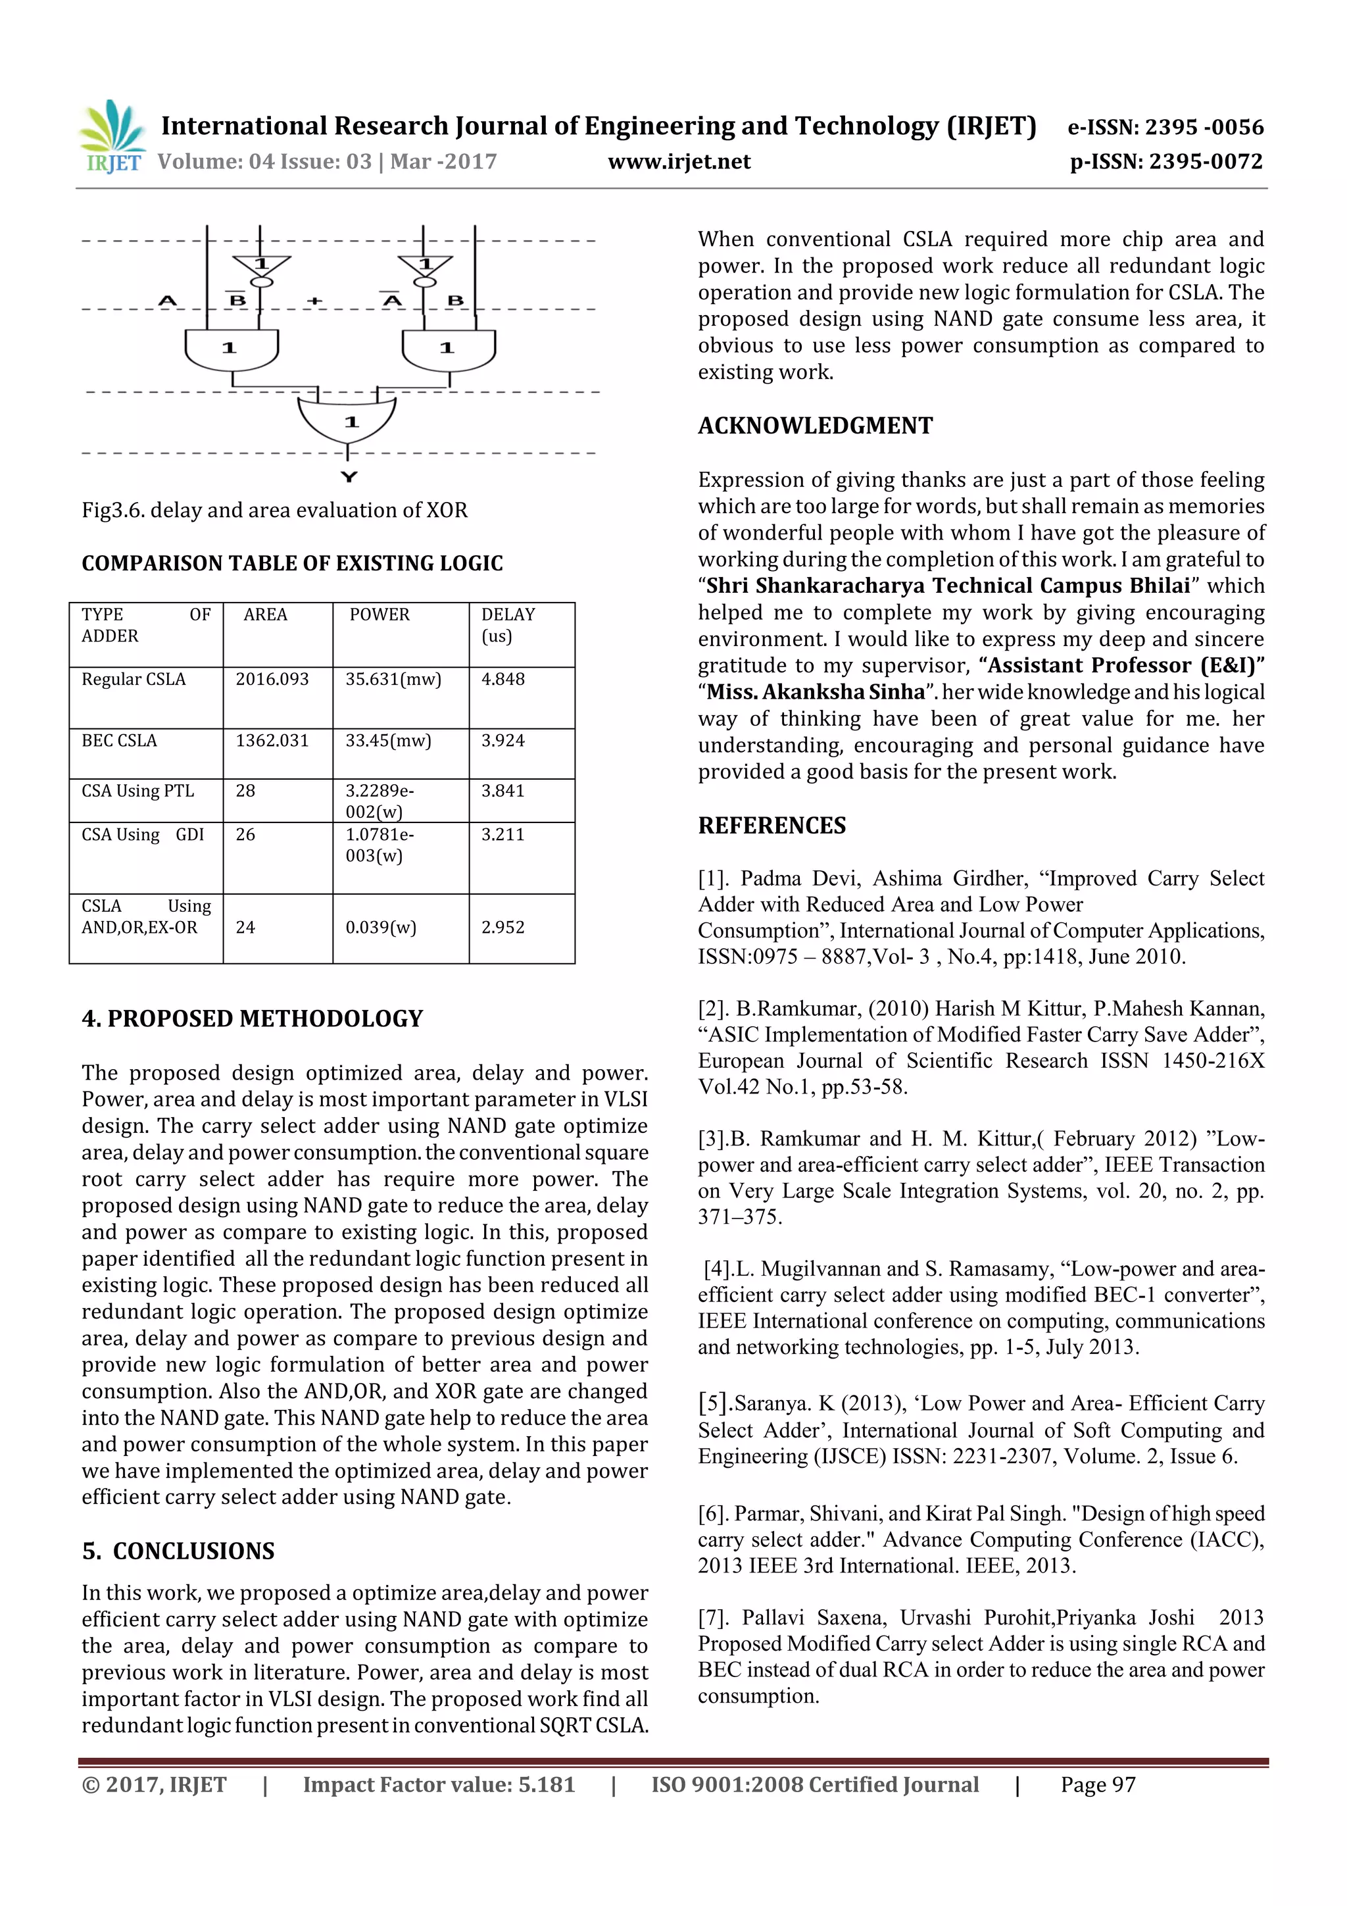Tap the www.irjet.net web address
tap(678, 162)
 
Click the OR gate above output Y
tap(347, 419)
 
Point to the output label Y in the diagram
tap(349, 478)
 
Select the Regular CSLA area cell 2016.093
tap(272, 679)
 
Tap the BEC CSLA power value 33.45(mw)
tap(387, 740)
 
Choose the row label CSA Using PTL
tap(137, 791)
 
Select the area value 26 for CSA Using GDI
tap(246, 834)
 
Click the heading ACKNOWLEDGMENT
tap(814, 426)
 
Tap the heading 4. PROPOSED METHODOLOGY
tap(253, 1018)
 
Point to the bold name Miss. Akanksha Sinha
tap(814, 692)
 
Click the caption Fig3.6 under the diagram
tap(274, 510)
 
